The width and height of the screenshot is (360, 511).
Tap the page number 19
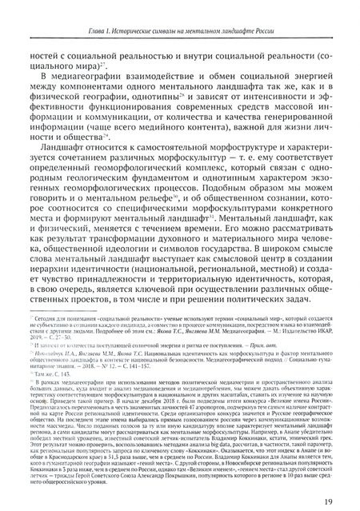(330, 500)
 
